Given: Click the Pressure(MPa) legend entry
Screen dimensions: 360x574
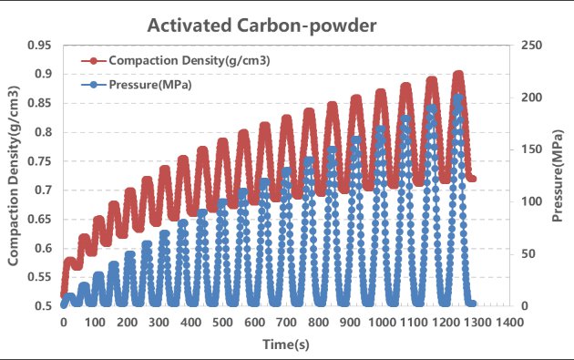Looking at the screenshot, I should coord(149,85).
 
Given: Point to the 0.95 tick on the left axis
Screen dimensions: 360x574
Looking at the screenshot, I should coord(38,45).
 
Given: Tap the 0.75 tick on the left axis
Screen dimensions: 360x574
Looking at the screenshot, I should coord(38,161).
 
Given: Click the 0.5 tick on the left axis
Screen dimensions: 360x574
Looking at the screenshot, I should coord(42,306).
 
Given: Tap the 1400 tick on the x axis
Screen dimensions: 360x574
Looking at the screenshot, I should coord(508,323).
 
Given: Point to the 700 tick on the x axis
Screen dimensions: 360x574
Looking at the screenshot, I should coord(286,323).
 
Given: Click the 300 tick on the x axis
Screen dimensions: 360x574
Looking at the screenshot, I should coord(159,323).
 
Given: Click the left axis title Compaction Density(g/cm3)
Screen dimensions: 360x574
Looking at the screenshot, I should coord(15,175).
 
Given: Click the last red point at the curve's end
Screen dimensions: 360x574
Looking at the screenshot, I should coord(472,179).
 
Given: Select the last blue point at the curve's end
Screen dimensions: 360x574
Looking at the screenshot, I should coord(472,303).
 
